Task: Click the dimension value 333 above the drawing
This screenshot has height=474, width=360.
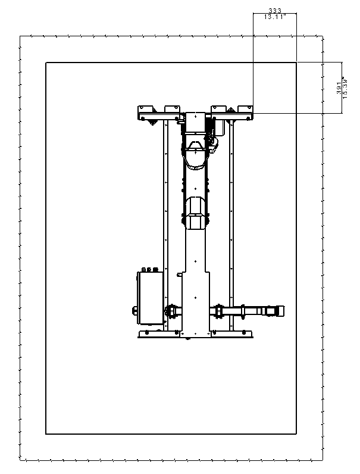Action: coord(274,11)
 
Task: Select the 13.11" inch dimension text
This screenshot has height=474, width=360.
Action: coord(275,17)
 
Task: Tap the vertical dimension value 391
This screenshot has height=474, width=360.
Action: coord(339,88)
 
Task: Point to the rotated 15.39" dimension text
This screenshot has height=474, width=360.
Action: coord(346,88)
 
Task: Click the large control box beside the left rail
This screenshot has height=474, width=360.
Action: coord(150,298)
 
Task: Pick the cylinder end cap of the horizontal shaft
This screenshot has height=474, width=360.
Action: coord(280,311)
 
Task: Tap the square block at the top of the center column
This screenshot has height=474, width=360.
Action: coord(195,123)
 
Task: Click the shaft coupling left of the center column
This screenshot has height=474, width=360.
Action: coord(171,311)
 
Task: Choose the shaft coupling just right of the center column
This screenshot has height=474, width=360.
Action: coord(218,311)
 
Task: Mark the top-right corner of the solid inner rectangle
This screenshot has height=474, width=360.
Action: coord(296,63)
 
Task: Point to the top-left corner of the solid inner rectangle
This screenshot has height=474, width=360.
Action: coord(46,63)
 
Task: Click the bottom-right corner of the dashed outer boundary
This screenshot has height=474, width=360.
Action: coord(323,461)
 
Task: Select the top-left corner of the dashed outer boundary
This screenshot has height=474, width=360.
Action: coord(20,36)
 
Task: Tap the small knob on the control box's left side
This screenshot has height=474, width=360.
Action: coord(134,310)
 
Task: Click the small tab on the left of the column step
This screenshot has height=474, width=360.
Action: coord(179,275)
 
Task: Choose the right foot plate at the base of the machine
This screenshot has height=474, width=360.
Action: coord(232,334)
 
